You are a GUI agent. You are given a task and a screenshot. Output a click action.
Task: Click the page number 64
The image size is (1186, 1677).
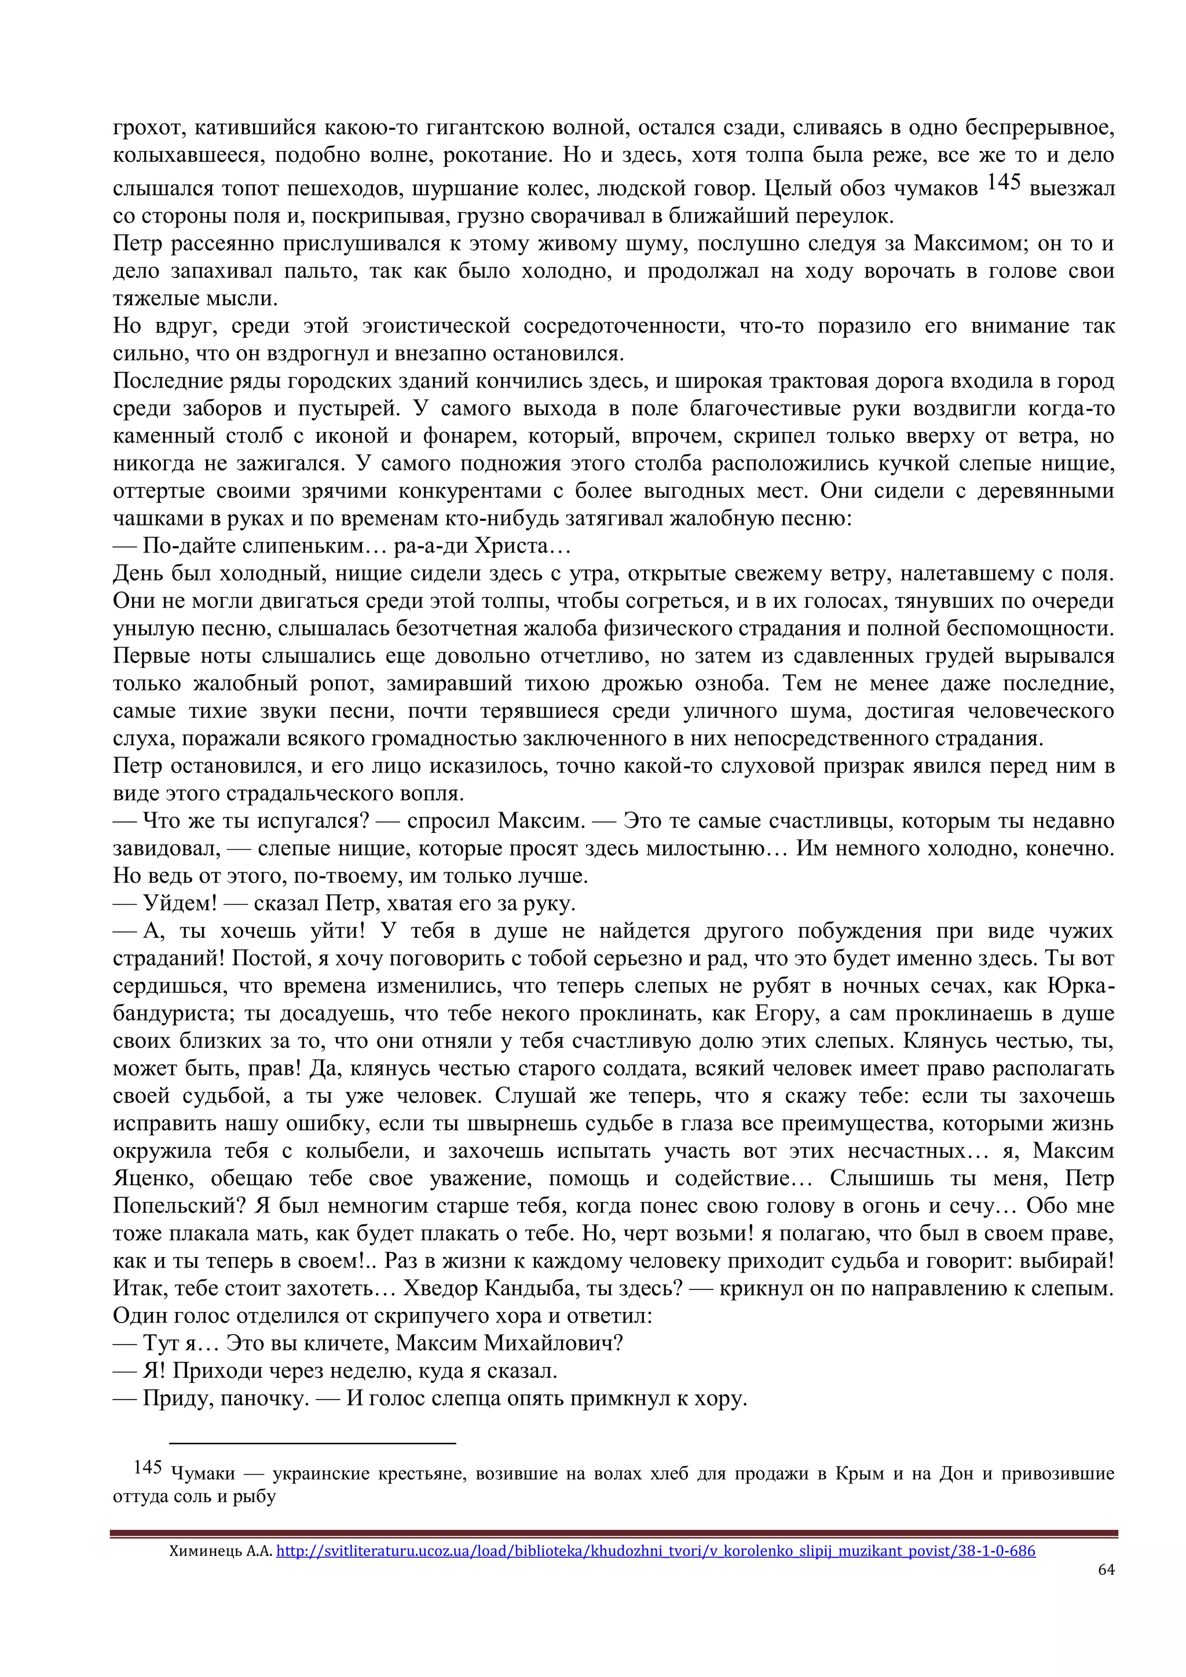(x=1106, y=1570)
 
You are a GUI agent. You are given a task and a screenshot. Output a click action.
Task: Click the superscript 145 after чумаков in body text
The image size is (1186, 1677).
(x=1004, y=182)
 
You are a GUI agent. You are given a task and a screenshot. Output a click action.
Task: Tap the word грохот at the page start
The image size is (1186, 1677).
(x=142, y=129)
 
